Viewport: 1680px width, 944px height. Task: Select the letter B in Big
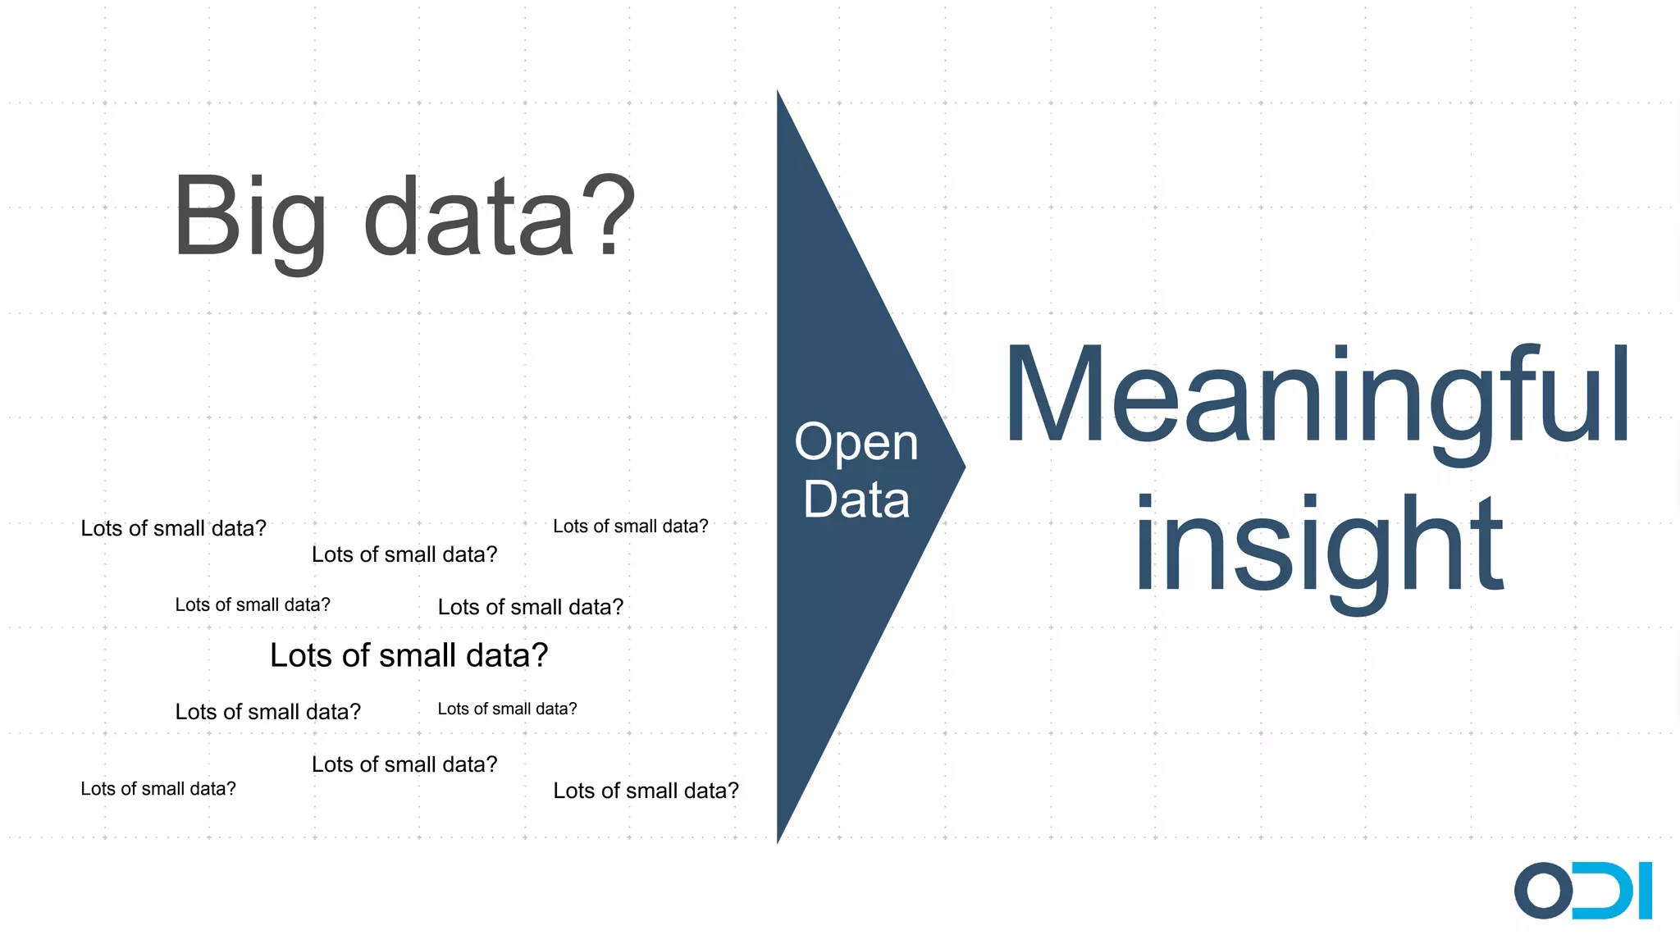[204, 217]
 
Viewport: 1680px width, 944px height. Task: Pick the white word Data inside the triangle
[856, 499]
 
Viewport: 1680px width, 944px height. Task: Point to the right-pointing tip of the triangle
[961, 467]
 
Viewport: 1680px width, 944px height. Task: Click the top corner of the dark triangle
[778, 93]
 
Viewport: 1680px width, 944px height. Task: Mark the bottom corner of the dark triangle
[778, 838]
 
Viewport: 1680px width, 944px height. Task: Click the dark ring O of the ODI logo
[1543, 891]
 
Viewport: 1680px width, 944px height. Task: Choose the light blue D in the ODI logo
[1604, 891]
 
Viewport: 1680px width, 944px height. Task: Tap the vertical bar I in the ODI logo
[1644, 891]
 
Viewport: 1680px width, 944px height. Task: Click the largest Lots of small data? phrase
[409, 655]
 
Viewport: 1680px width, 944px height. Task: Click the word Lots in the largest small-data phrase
[300, 655]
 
